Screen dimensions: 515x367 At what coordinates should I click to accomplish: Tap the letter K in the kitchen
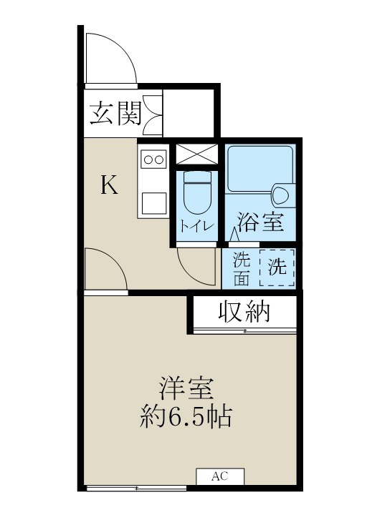(x=108, y=186)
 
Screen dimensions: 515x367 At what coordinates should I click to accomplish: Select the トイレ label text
(x=196, y=227)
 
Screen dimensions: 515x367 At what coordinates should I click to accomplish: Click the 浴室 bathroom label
(x=262, y=222)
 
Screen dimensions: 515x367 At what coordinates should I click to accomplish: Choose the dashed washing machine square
(x=277, y=267)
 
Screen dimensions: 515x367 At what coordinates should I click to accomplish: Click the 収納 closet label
(x=244, y=312)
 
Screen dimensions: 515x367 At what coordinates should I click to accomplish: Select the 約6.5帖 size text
(x=184, y=417)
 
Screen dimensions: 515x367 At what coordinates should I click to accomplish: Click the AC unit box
(x=219, y=476)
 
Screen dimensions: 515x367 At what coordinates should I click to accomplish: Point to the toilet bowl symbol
(x=196, y=193)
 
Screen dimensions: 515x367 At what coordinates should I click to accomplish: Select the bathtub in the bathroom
(x=260, y=169)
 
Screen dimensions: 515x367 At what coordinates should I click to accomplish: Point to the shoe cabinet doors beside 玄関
(x=153, y=113)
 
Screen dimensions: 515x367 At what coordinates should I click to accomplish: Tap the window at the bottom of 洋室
(x=137, y=489)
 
